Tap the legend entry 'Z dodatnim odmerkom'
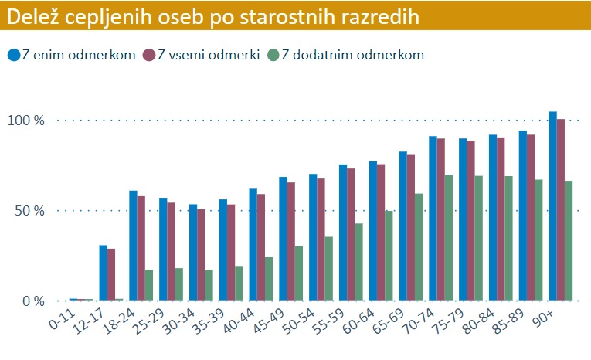point(345,54)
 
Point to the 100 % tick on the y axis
point(28,121)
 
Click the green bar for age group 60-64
point(389,256)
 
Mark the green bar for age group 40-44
point(269,279)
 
